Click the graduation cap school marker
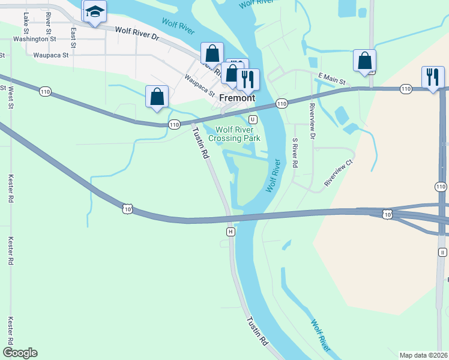95,12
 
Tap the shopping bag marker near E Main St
364,61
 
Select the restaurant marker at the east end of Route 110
433,77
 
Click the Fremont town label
237,98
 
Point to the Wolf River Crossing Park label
234,133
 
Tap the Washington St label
34,39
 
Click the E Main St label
332,79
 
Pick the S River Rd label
294,153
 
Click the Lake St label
25,22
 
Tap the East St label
73,37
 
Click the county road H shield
230,231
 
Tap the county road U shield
253,119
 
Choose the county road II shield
442,253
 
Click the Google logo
20,353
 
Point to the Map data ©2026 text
424,355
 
